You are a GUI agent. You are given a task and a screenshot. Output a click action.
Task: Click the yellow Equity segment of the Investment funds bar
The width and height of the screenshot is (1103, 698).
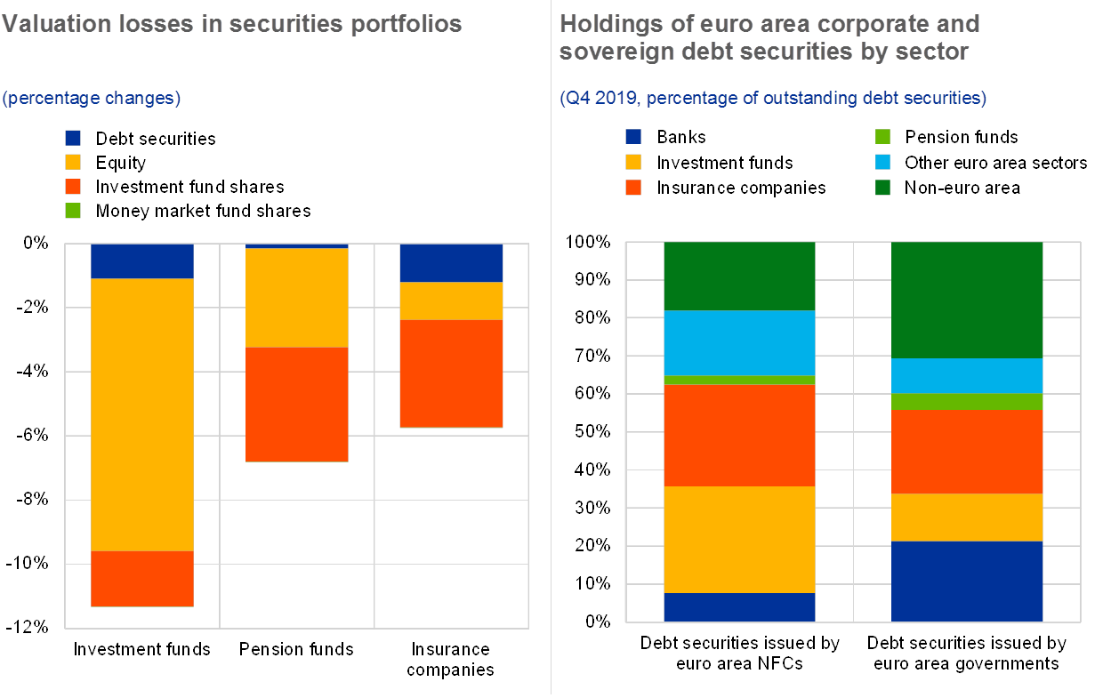click(x=142, y=414)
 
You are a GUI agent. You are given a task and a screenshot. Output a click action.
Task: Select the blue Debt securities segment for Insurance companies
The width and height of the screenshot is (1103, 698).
click(x=451, y=262)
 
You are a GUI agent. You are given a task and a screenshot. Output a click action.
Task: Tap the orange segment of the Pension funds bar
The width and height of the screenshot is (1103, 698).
click(x=296, y=405)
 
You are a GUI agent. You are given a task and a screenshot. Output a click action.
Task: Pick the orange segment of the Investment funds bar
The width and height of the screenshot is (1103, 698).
click(x=142, y=578)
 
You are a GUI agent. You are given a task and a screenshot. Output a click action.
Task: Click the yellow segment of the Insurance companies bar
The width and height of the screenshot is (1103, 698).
click(x=451, y=301)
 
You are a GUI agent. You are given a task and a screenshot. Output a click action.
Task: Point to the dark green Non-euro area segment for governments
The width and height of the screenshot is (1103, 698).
click(x=967, y=300)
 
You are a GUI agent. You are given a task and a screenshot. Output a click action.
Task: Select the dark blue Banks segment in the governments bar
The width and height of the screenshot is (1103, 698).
click(x=967, y=582)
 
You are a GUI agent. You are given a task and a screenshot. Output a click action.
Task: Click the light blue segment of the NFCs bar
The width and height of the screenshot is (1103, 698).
click(x=740, y=342)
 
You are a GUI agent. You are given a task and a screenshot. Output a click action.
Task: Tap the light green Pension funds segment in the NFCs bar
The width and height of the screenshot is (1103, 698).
click(x=740, y=380)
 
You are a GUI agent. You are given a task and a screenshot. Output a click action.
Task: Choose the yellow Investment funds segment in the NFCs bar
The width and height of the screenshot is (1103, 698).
click(x=740, y=539)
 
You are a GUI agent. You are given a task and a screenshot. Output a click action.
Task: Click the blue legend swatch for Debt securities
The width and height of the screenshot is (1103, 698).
click(x=73, y=139)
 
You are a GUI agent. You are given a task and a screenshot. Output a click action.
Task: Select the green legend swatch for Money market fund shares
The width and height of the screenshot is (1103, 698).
click(x=73, y=211)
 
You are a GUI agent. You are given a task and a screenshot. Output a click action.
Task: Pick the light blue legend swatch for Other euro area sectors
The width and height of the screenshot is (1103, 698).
click(x=882, y=163)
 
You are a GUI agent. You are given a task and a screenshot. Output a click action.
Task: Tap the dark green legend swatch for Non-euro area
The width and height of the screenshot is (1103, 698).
click(x=882, y=188)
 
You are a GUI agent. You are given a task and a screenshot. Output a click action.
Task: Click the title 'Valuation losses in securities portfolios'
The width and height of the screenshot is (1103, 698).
click(x=231, y=24)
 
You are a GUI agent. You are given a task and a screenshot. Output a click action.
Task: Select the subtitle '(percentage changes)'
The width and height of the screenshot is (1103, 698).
click(x=91, y=98)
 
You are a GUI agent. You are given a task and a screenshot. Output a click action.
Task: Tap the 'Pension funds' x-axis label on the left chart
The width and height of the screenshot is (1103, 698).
click(x=297, y=649)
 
